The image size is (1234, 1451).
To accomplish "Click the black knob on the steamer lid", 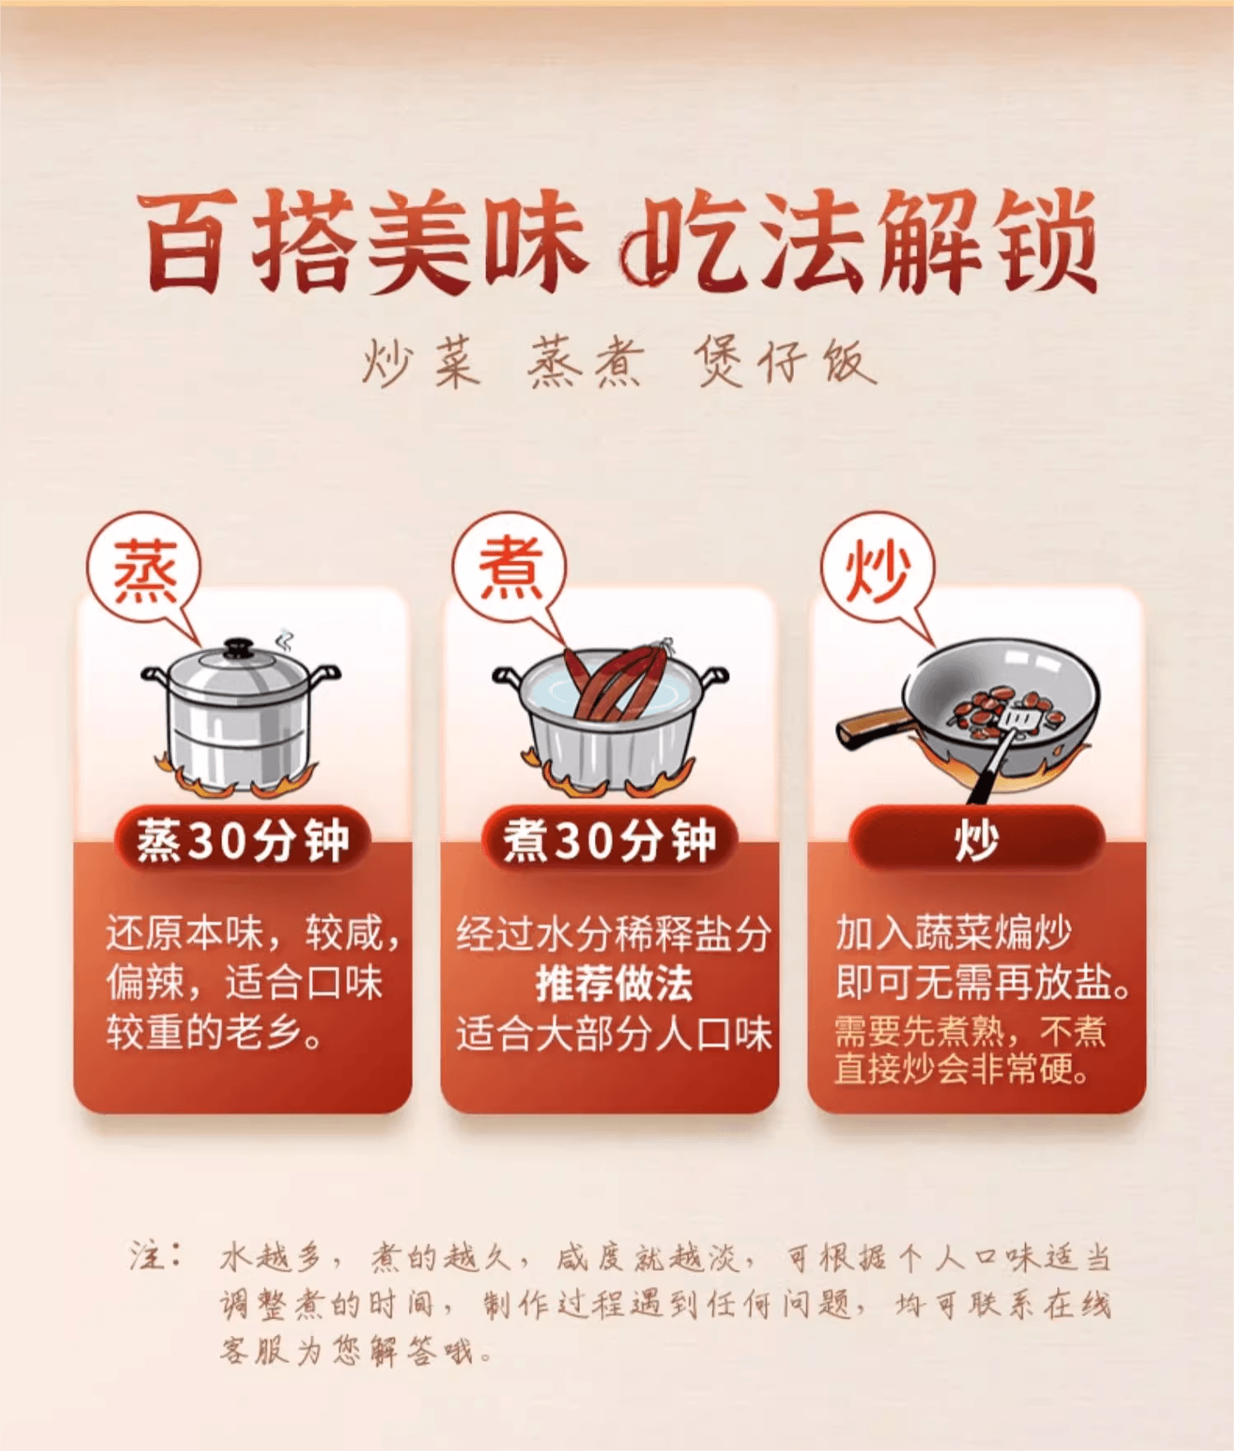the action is pyautogui.click(x=239, y=647).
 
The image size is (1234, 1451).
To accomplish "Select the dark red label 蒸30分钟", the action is pyautogui.click(x=243, y=840).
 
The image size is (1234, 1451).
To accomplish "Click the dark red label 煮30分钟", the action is pyautogui.click(x=610, y=840).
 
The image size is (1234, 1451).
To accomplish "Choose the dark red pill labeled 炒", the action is pyautogui.click(x=977, y=840).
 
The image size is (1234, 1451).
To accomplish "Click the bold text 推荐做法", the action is pyautogui.click(x=614, y=983).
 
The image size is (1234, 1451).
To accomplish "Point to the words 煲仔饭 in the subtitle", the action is pyautogui.click(x=785, y=362).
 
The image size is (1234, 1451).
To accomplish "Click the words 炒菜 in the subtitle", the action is pyautogui.click(x=421, y=362).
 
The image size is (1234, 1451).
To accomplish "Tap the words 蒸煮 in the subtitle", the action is pyautogui.click(x=587, y=362).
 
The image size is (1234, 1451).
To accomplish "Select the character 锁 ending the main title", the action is pyautogui.click(x=1046, y=240).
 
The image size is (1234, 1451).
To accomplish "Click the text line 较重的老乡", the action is pyautogui.click(x=214, y=1032).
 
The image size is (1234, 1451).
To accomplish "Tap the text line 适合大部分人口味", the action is pyautogui.click(x=614, y=1033).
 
